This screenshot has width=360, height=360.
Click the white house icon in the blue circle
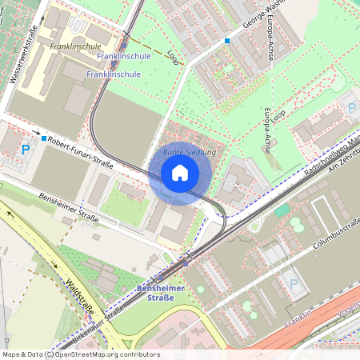(x=180, y=172)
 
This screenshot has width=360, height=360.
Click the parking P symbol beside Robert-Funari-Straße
(x=26, y=149)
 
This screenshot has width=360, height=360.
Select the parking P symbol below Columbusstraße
(x=293, y=284)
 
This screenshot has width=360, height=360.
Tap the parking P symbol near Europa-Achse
(x=350, y=106)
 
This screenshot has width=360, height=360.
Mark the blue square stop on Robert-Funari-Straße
(x=44, y=138)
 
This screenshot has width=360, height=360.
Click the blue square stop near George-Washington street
(x=227, y=40)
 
